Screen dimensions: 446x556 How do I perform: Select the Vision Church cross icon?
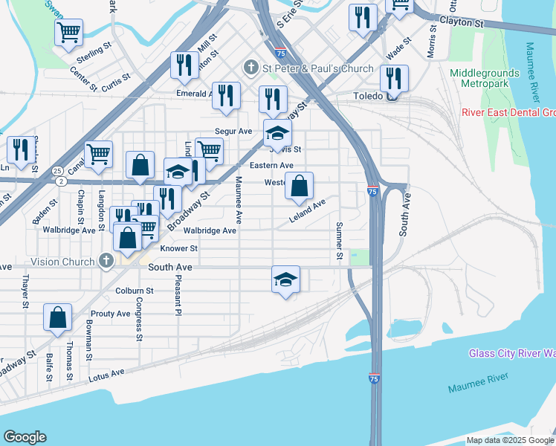point(106,261)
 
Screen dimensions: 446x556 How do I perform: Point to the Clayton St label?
point(461,23)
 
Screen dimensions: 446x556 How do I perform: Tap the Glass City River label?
point(511,353)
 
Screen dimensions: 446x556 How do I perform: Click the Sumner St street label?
point(338,242)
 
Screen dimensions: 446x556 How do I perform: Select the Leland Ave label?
point(308,213)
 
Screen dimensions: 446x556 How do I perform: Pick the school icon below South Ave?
point(285,279)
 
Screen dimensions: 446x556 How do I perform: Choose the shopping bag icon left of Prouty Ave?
point(57,317)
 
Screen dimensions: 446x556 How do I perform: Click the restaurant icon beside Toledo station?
point(393,79)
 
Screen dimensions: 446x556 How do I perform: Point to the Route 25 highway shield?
point(58,171)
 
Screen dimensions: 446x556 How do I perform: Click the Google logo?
point(25,437)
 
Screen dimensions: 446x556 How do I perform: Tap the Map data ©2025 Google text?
point(509,440)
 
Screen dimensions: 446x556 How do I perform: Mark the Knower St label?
point(179,248)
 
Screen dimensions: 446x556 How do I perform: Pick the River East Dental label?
point(508,112)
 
